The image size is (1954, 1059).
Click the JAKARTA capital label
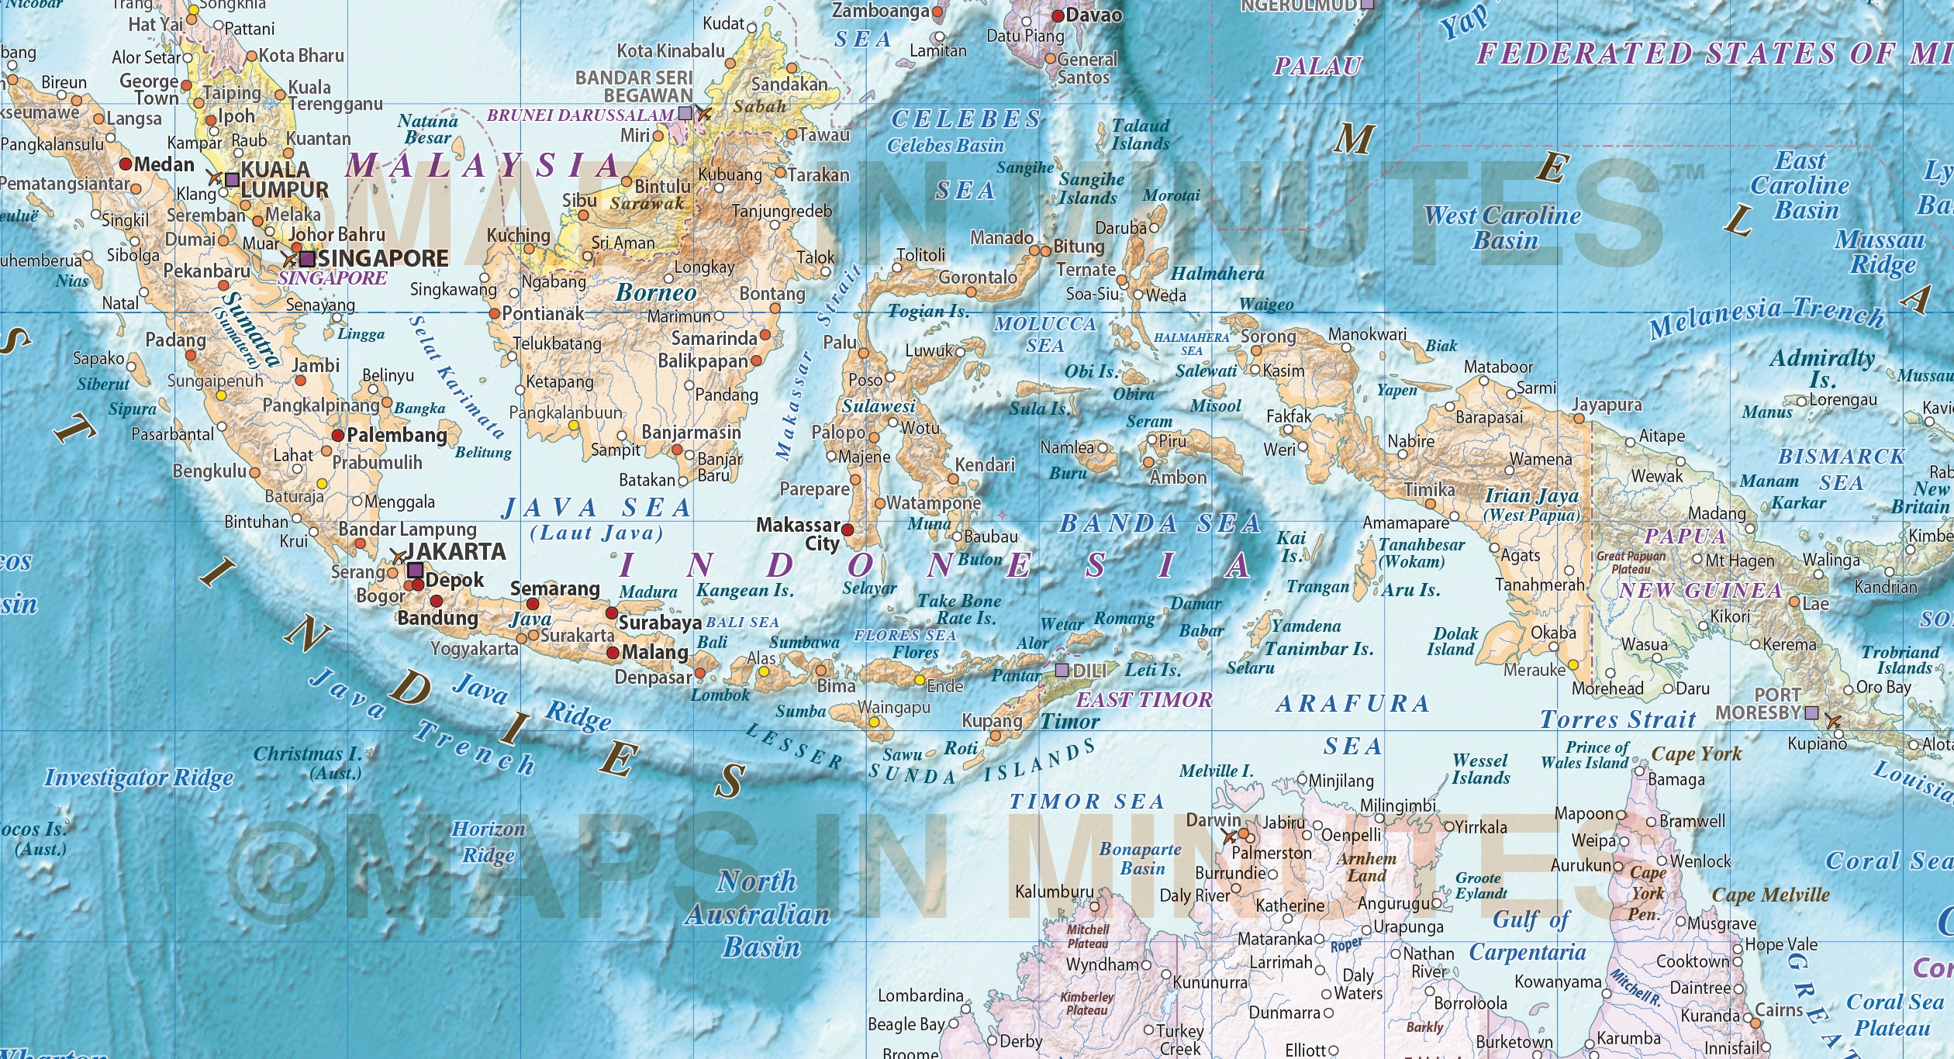[x=456, y=551]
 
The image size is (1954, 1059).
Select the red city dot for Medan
[x=126, y=164]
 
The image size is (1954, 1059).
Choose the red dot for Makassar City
[x=848, y=530]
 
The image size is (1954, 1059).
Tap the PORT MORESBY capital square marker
[x=1811, y=712]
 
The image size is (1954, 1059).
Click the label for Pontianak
[x=543, y=314]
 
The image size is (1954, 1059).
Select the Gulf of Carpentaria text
[x=1528, y=936]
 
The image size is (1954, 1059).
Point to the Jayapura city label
[x=1607, y=405]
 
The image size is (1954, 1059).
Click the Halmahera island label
[x=1217, y=274]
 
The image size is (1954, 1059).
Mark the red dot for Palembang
[x=338, y=436]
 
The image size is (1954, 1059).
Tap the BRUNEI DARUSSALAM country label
[x=580, y=116]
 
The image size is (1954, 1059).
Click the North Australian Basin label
[x=758, y=914]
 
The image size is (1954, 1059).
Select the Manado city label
[x=1002, y=238]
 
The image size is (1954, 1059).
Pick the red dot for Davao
[x=1058, y=16]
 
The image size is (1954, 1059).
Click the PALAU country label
[x=1317, y=67]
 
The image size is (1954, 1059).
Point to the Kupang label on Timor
[x=992, y=720]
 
